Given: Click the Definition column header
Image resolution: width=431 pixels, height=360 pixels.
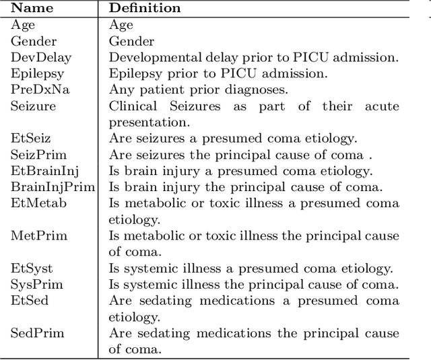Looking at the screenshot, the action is pyautogui.click(x=145, y=9).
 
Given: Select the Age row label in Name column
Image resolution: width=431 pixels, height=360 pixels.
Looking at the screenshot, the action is pyautogui.click(x=22, y=26).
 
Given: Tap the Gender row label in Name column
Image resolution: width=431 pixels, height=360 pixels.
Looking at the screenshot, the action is pyautogui.click(x=34, y=42).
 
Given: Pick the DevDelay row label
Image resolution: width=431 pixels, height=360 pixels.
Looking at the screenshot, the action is pyautogui.click(x=40, y=58).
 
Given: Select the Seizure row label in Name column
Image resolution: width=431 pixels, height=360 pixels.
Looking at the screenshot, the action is pyautogui.click(x=33, y=106).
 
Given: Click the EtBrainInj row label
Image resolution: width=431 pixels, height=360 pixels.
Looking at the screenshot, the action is pyautogui.click(x=43, y=171).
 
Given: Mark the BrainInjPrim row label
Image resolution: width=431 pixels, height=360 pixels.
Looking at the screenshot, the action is pyautogui.click(x=53, y=187).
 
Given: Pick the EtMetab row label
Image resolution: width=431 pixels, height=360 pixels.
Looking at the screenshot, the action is pyautogui.click(x=38, y=203).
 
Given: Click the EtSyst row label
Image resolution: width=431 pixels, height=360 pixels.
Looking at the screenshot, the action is pyautogui.click(x=32, y=268).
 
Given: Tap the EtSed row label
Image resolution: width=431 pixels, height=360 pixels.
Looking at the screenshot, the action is pyautogui.click(x=29, y=300).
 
